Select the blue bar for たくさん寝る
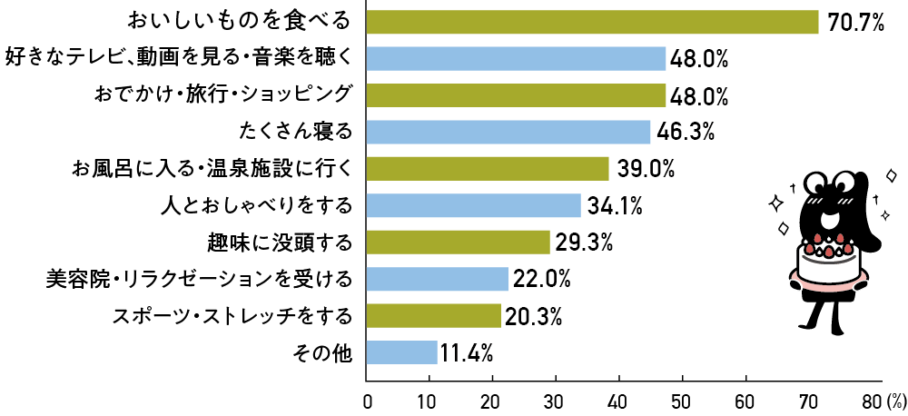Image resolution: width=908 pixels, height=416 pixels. click(x=508, y=133)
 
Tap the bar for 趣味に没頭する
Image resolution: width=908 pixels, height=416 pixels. click(x=459, y=243)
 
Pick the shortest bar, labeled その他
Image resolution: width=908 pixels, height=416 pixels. click(x=401, y=352)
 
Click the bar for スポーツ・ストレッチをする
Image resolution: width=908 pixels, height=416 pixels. click(x=434, y=316)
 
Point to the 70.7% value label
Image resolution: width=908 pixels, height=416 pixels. click(x=854, y=23)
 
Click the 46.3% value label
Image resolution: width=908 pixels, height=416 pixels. click(x=686, y=133)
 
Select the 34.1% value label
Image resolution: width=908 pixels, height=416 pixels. click(x=614, y=206)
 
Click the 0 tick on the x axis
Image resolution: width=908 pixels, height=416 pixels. click(x=368, y=400)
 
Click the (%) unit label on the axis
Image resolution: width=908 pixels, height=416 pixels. click(x=895, y=400)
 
